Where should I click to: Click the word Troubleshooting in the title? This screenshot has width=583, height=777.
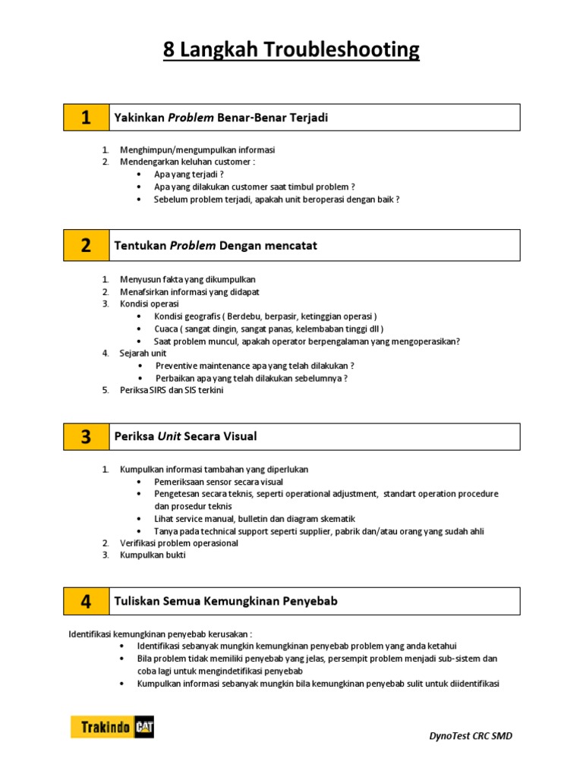click(x=342, y=51)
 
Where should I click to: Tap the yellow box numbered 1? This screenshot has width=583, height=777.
click(x=86, y=118)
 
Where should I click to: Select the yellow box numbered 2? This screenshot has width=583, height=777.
click(x=86, y=245)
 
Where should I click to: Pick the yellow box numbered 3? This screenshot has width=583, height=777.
click(x=86, y=436)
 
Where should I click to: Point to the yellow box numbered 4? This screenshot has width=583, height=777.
click(x=86, y=601)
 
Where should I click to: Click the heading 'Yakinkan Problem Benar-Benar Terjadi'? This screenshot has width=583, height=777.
click(x=220, y=118)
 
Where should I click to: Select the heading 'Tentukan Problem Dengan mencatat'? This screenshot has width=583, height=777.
click(x=215, y=245)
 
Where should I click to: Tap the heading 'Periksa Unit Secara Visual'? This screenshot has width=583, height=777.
click(x=185, y=436)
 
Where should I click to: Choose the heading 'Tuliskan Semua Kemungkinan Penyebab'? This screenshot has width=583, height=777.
click(x=225, y=601)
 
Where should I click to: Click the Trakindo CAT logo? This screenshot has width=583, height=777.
click(x=112, y=727)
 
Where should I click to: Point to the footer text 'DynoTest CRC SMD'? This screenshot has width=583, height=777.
click(x=470, y=736)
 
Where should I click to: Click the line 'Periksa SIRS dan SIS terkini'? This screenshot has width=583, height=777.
click(x=172, y=390)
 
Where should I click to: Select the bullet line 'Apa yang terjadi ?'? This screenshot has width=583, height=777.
click(x=188, y=174)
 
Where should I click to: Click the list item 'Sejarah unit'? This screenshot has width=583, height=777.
click(x=143, y=353)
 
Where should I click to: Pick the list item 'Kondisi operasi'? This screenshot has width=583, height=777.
click(x=149, y=304)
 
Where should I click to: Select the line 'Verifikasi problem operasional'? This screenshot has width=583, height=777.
click(x=178, y=543)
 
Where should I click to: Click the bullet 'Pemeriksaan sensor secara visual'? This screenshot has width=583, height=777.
click(x=219, y=482)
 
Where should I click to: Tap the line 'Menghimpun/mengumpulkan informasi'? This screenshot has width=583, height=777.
click(x=197, y=149)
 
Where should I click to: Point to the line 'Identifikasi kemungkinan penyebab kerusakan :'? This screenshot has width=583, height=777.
click(x=160, y=634)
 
